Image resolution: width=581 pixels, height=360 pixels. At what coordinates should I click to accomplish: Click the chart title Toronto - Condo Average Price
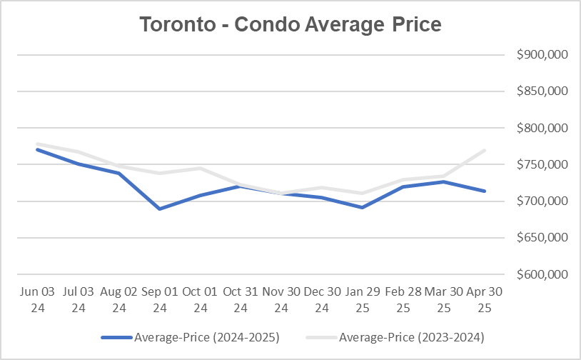coord(290,24)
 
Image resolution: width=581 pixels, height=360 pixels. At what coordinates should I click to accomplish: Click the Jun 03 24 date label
coord(36,300)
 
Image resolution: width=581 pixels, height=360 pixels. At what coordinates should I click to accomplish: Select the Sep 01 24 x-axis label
coord(159,300)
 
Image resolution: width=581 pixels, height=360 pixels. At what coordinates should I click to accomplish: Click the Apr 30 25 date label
coord(485,300)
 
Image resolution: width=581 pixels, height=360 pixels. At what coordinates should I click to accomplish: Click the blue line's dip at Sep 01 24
coord(159,209)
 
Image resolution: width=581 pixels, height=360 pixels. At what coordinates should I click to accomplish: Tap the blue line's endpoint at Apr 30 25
coord(485,191)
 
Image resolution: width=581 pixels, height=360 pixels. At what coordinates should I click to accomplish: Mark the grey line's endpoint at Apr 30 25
coord(485,150)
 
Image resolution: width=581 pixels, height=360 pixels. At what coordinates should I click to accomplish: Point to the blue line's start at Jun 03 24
coord(36,149)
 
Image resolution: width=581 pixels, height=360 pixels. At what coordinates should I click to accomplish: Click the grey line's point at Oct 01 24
coord(200,169)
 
